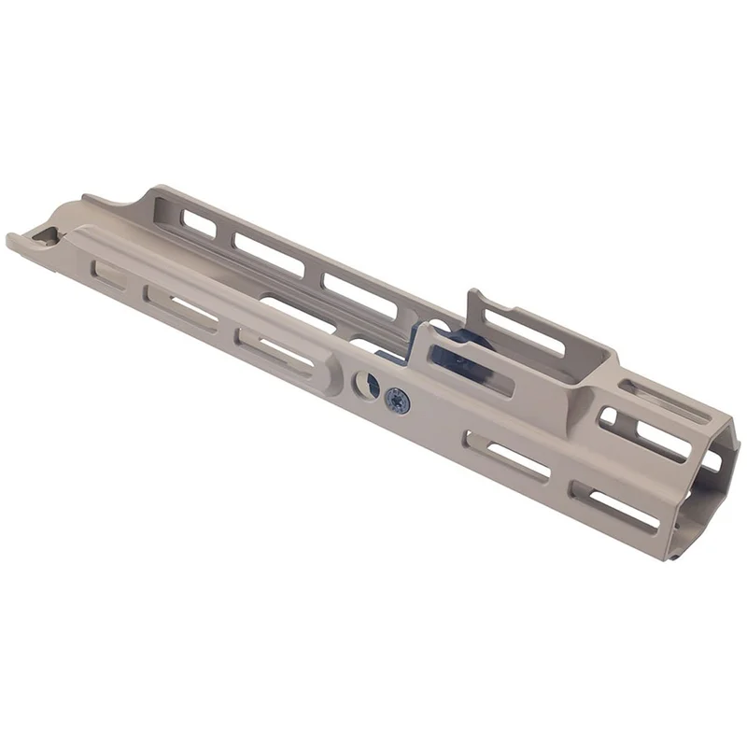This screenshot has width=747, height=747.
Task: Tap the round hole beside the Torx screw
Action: pos(365,384)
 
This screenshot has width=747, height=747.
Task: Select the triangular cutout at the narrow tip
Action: pos(41,239)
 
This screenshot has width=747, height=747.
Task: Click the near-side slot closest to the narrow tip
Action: pos(108,274)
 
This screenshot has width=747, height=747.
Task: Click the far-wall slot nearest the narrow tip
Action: pos(198,224)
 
